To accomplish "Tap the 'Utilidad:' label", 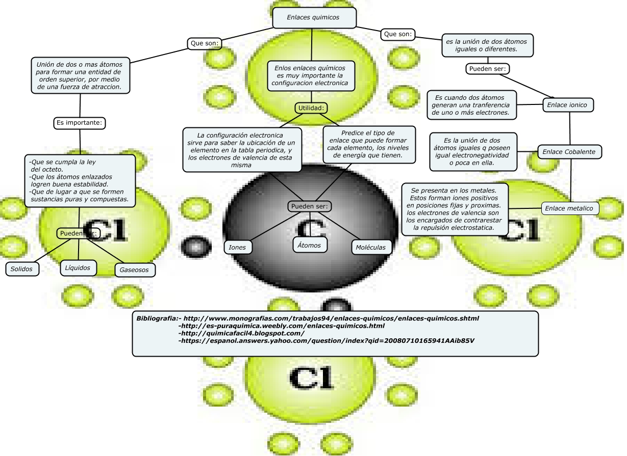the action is pyautogui.click(x=311, y=108).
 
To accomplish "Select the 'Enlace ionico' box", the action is pyautogui.click(x=567, y=105).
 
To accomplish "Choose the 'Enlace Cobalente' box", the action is pyautogui.click(x=569, y=151).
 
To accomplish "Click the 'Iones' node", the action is pyautogui.click(x=237, y=247).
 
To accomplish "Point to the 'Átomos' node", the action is pyautogui.click(x=310, y=245).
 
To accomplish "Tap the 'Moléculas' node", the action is pyautogui.click(x=372, y=247).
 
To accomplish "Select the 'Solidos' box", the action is pyautogui.click(x=22, y=269).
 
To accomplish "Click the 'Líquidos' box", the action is pyautogui.click(x=78, y=267).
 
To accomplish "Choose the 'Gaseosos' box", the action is pyautogui.click(x=135, y=270).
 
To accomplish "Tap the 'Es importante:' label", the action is pyautogui.click(x=80, y=123).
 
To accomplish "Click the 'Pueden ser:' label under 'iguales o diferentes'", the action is pyautogui.click(x=488, y=68).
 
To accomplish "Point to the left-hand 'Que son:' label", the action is pyautogui.click(x=205, y=44).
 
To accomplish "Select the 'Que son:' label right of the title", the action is pyautogui.click(x=398, y=34).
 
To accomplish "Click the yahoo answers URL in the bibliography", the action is pyautogui.click(x=327, y=340).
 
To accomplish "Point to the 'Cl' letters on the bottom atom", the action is pyautogui.click(x=311, y=378).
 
